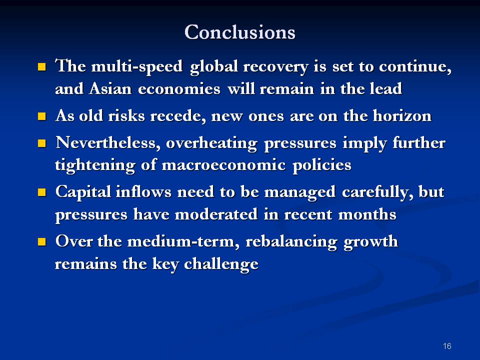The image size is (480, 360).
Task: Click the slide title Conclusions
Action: pyautogui.click(x=240, y=32)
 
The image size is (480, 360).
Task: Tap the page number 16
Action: pyautogui.click(x=447, y=346)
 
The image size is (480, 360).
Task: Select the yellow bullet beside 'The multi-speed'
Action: pyautogui.click(x=42, y=66)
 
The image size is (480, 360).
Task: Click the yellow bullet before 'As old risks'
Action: pyautogui.click(x=42, y=117)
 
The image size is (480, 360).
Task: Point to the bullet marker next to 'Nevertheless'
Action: pyautogui.click(x=42, y=144)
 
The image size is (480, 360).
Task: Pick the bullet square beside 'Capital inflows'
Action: pyautogui.click(x=42, y=192)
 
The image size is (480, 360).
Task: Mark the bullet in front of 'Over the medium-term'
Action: pyautogui.click(x=42, y=242)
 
